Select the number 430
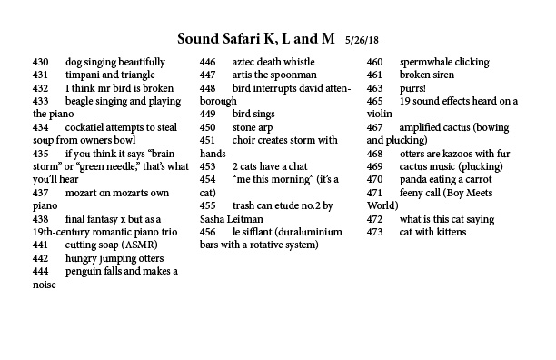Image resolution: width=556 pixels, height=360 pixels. (39, 63)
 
